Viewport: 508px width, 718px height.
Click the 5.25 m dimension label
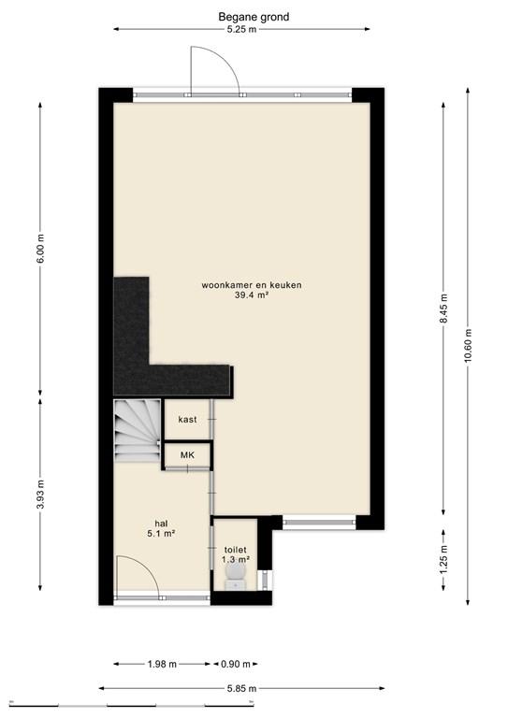click(240, 30)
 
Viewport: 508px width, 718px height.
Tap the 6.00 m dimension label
click(40, 245)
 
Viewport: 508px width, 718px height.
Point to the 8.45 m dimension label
click(443, 308)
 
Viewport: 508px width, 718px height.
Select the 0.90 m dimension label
click(235, 665)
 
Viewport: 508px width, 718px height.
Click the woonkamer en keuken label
click(250, 285)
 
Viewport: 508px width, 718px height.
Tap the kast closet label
click(187, 421)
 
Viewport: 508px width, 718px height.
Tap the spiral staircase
click(137, 431)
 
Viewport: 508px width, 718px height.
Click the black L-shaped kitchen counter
click(150, 355)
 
